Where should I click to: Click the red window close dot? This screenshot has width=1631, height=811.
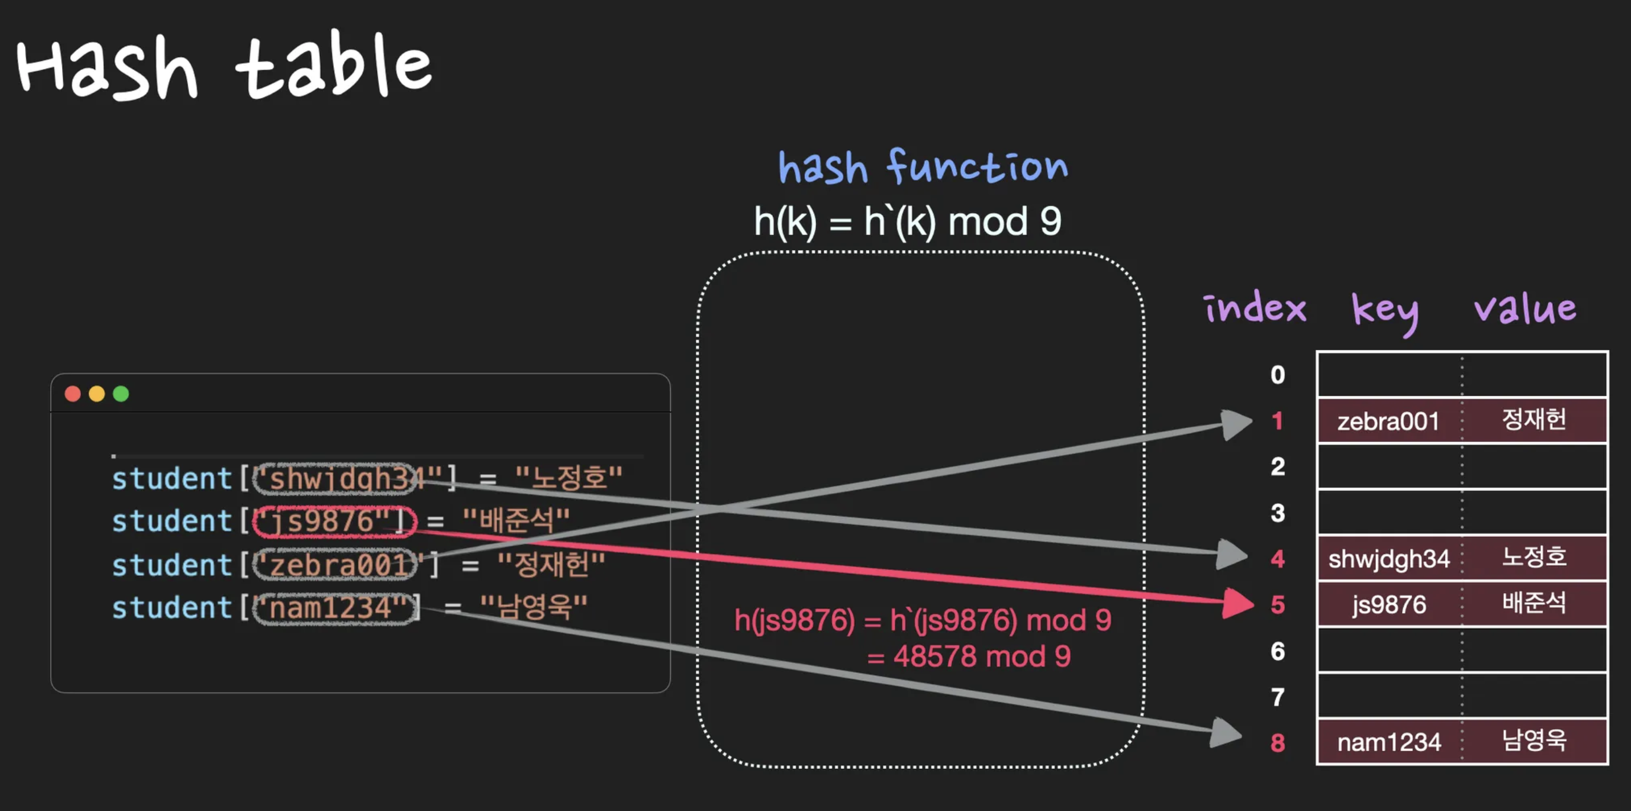73,394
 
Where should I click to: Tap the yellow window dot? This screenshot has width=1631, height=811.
97,394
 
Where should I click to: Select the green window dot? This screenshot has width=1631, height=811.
121,394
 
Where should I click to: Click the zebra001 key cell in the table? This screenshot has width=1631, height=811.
1388,421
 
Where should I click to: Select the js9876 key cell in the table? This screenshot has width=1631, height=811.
1389,605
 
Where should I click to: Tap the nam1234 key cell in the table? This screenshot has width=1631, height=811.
1389,742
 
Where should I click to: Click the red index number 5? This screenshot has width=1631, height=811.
1278,605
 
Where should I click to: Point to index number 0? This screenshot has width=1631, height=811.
1278,375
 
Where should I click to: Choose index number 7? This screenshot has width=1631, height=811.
1278,697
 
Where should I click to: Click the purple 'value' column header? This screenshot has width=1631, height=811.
1525,309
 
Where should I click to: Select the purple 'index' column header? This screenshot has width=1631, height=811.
1255,309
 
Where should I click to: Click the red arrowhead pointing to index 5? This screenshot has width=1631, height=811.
1238,603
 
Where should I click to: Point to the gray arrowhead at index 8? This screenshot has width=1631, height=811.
1227,733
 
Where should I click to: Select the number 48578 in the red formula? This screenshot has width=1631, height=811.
935,657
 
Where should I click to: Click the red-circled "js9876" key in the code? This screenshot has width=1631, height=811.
334,522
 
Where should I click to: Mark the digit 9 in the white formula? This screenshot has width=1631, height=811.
1050,222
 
